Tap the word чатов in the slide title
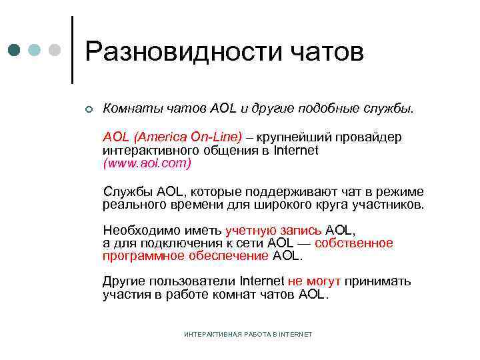tap(327, 52)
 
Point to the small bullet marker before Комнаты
tap(88, 109)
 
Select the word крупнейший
tap(295, 137)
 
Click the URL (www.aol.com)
tap(147, 162)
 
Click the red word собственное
tap(354, 243)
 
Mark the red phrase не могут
tap(311, 281)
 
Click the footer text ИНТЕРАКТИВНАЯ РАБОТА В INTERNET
tap(247, 333)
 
